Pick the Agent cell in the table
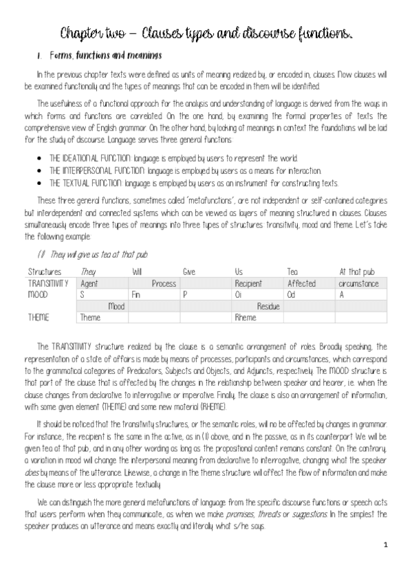click(89, 283)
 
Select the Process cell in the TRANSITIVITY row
click(163, 283)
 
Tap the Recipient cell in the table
click(248, 283)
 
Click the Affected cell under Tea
click(301, 283)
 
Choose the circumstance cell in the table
click(359, 283)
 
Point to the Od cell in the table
click(291, 294)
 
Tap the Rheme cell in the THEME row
click(245, 318)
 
